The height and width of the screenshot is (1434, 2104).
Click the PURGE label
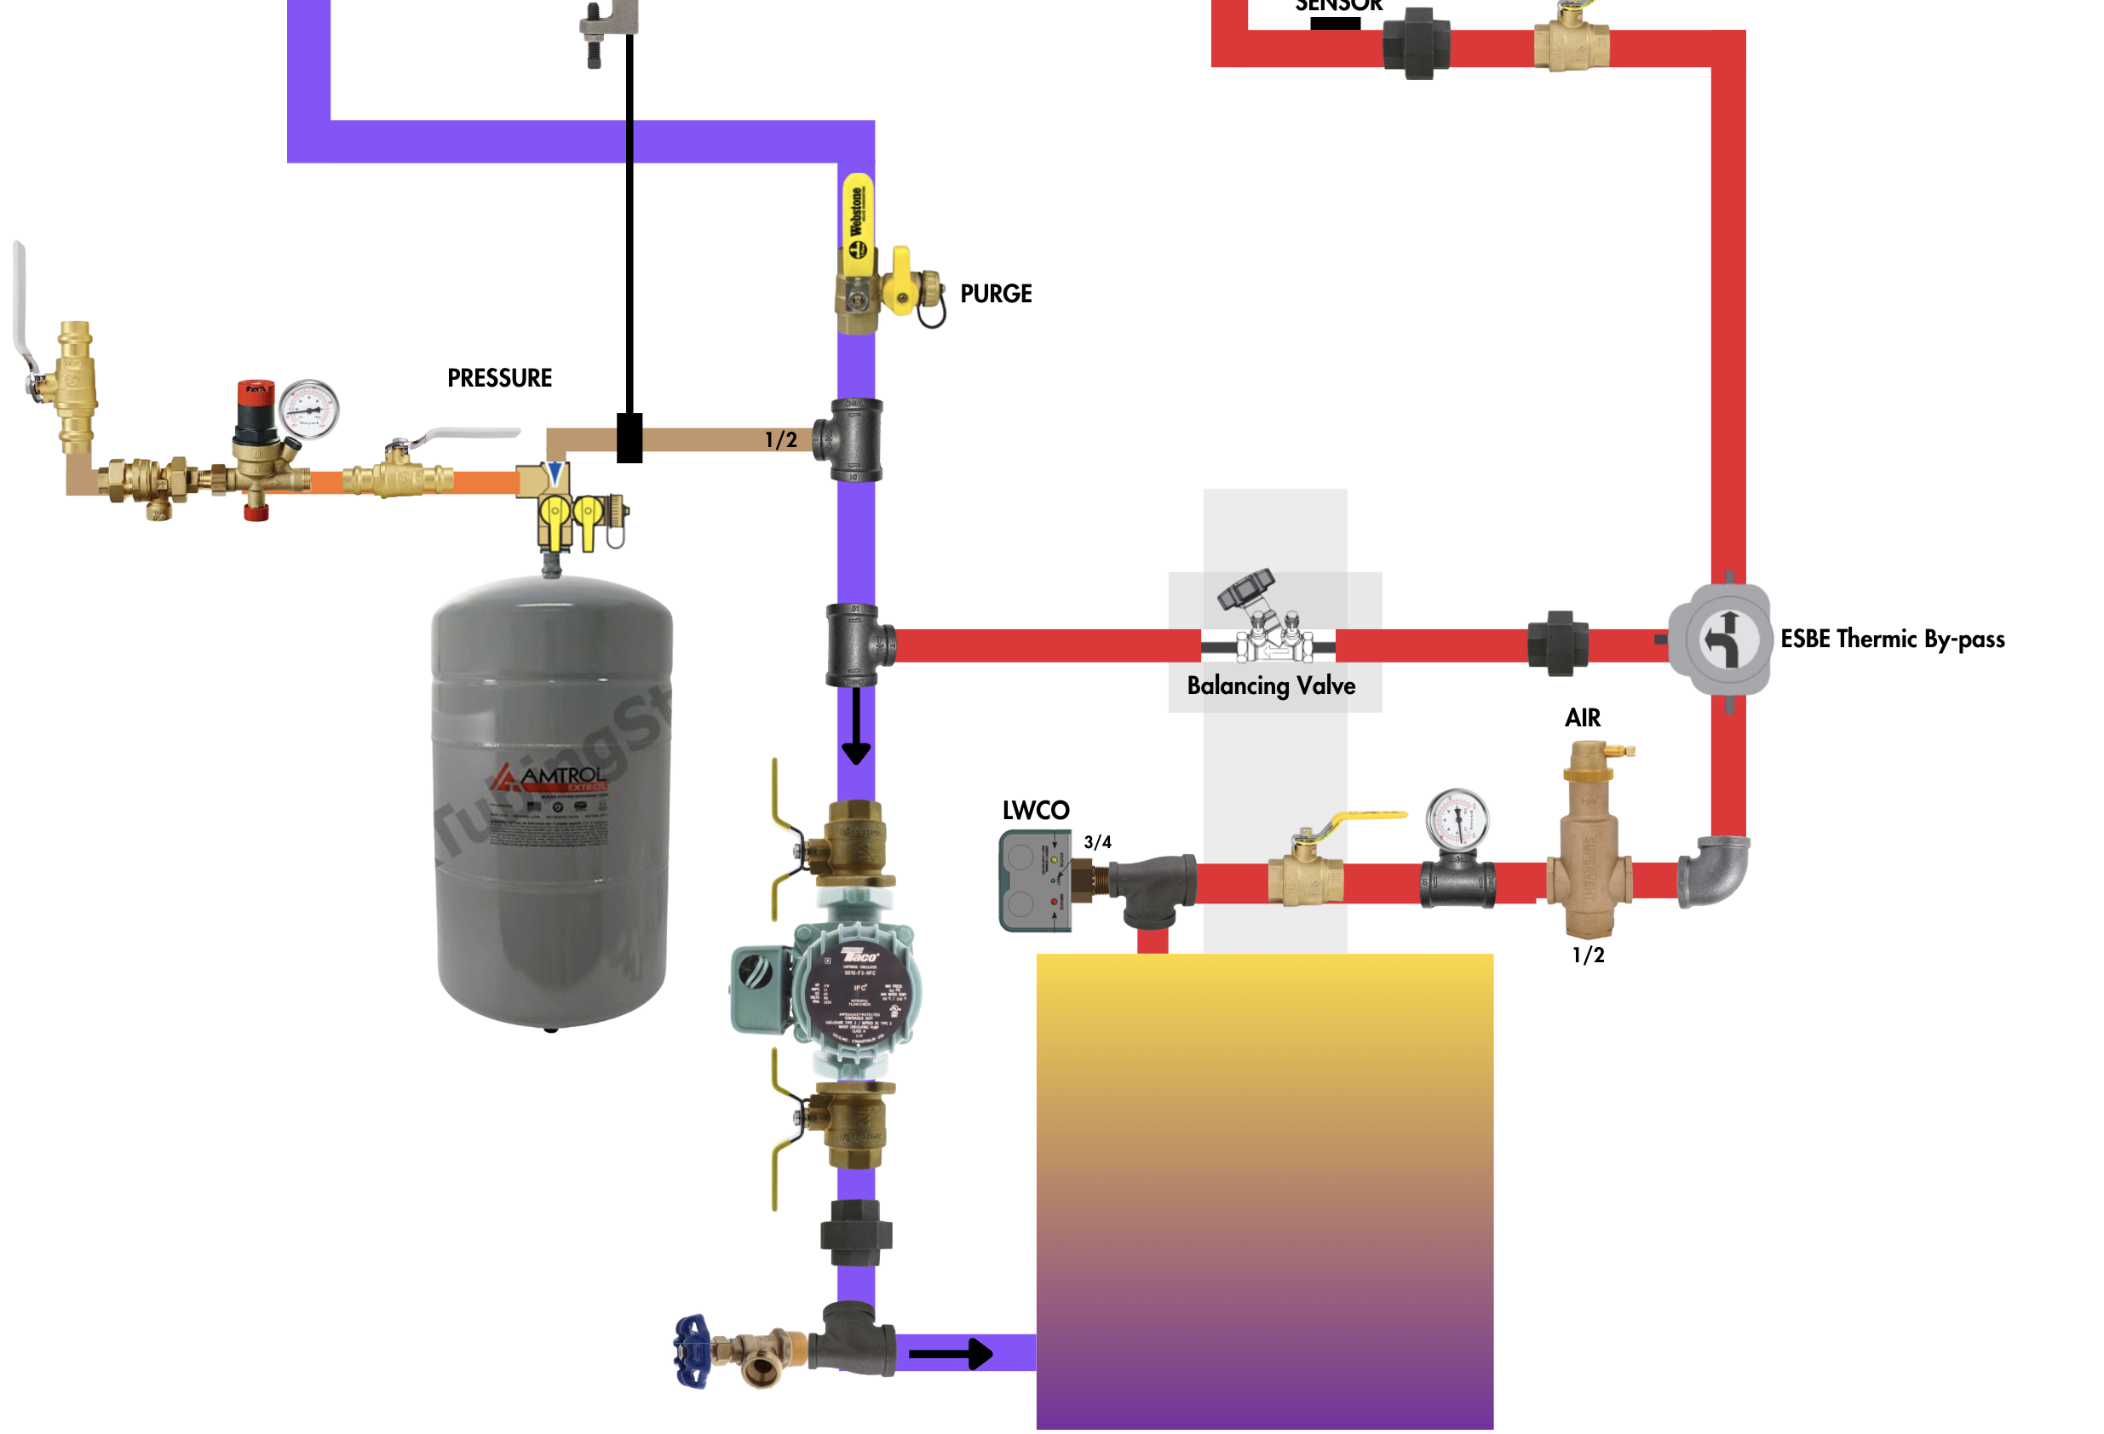coord(995,293)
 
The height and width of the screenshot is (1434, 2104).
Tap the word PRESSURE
coord(499,377)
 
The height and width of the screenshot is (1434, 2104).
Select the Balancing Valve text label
coord(1270,685)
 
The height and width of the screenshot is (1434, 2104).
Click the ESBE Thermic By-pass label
coord(1891,640)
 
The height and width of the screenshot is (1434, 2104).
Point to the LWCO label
coord(1035,811)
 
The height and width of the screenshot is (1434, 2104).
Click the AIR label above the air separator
coord(1582,718)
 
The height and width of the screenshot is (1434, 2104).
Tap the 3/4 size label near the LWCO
coord(1096,842)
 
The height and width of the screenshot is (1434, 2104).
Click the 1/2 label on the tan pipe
coord(780,440)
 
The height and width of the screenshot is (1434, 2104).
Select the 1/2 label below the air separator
coord(1587,955)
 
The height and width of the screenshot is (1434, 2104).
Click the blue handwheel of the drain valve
coord(693,1351)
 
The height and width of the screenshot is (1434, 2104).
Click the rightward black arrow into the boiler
coord(951,1354)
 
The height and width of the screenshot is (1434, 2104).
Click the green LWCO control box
coord(1035,880)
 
